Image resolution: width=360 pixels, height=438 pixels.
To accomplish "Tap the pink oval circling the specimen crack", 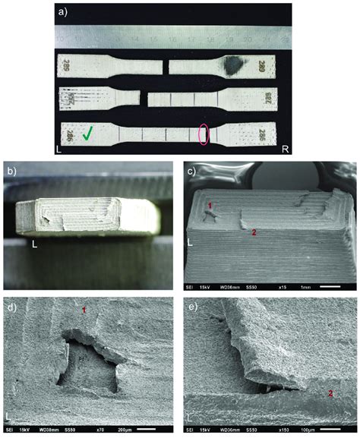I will (x=203, y=134).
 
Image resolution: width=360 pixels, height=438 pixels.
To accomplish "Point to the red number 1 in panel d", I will (x=84, y=310).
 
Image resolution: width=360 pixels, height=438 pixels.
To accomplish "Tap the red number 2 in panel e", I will (x=330, y=392).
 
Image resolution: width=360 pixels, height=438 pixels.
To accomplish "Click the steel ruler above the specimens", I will (x=175, y=36).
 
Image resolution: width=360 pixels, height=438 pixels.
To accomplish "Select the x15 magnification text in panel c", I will (x=280, y=288).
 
